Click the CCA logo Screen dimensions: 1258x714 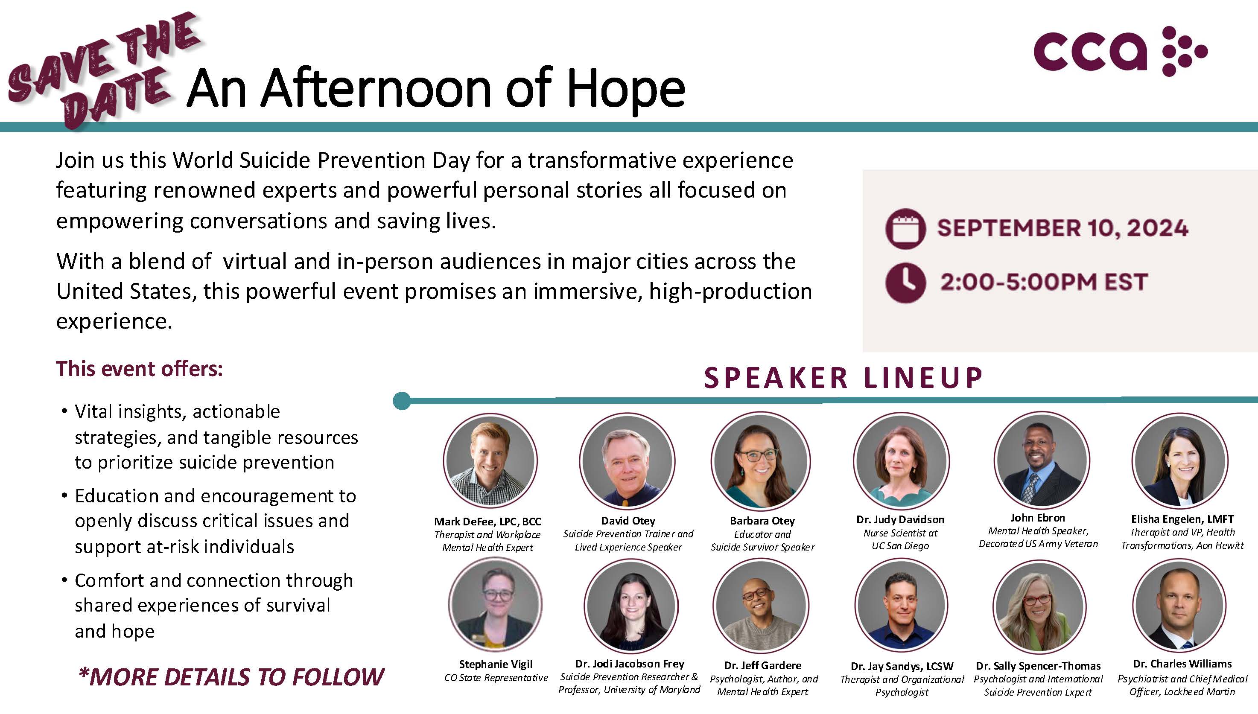1120,52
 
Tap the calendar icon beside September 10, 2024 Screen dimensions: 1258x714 905,228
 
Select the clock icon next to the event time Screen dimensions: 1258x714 905,283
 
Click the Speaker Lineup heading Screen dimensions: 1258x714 844,378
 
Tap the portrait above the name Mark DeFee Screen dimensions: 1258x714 490,461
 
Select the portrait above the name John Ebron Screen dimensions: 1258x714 1042,460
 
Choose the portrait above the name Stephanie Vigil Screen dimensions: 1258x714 495,605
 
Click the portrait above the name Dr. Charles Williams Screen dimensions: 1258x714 1179,606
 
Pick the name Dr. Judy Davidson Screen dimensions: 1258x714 900,519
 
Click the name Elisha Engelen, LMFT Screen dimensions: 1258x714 1182,519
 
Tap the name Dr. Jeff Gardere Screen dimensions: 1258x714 763,665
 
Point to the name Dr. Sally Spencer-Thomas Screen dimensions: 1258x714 1038,666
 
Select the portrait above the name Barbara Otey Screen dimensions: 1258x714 760,460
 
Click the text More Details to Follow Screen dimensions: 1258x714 231,677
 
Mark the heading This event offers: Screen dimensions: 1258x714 139,369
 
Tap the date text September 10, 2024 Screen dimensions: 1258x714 1063,228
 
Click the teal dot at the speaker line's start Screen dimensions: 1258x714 402,401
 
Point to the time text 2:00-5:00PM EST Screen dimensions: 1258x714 1044,282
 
